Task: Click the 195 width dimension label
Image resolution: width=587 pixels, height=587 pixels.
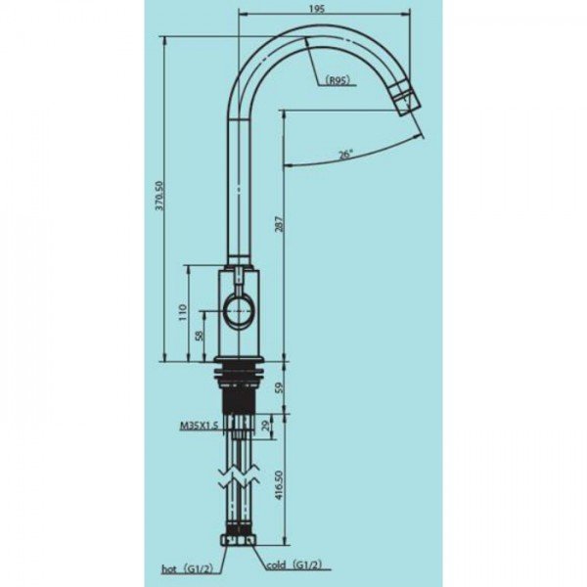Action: [x=317, y=9]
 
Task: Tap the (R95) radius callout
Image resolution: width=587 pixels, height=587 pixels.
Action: [x=338, y=80]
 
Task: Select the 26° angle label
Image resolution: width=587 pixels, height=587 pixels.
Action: [x=346, y=155]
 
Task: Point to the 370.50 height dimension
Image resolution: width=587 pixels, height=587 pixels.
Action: [x=159, y=196]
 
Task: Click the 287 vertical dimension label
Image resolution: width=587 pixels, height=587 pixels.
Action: [x=280, y=224]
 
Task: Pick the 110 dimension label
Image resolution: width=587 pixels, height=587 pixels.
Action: [x=183, y=313]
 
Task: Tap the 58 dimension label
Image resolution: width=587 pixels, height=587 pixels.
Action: [x=201, y=335]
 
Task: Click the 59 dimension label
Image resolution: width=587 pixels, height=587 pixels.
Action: [x=280, y=387]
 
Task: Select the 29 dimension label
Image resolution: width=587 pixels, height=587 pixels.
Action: [x=266, y=426]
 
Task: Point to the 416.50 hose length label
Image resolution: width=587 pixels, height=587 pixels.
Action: [x=279, y=485]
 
